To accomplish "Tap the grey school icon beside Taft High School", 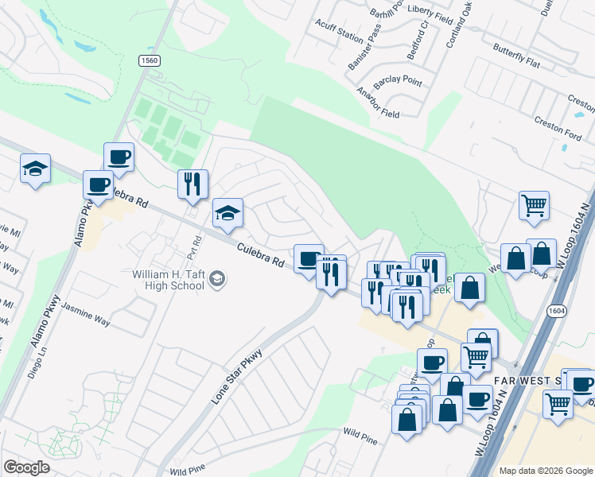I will (x=217, y=279).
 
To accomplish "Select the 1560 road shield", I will (x=149, y=60).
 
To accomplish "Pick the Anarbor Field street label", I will (x=378, y=102).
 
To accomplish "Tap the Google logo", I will (x=26, y=467).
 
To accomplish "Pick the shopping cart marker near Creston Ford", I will (x=534, y=204).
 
